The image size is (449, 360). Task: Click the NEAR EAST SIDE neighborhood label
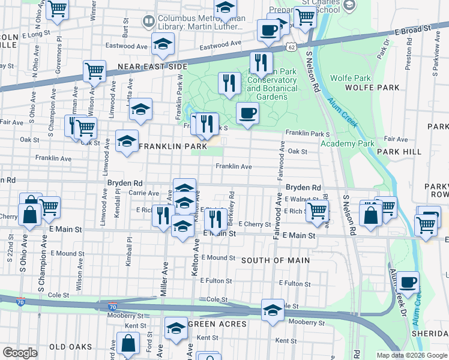pyautogui.click(x=147, y=67)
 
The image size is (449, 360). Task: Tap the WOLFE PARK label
pyautogui.click(x=372, y=88)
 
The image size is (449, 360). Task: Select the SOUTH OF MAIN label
pyautogui.click(x=276, y=260)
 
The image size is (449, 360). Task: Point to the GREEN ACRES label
pyautogui.click(x=217, y=324)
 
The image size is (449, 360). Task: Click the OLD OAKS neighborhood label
pyautogui.click(x=70, y=347)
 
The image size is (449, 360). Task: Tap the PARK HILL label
pyautogui.click(x=403, y=152)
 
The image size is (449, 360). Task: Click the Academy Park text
pyautogui.click(x=348, y=143)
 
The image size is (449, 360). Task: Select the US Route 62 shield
pyautogui.click(x=291, y=46)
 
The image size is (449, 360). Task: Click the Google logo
pyautogui.click(x=20, y=353)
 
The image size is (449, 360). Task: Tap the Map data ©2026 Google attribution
pyautogui.click(x=412, y=355)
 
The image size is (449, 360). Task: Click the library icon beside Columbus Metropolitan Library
pyautogui.click(x=148, y=22)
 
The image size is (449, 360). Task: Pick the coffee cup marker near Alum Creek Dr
pyautogui.click(x=408, y=282)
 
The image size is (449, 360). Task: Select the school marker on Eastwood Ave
pyautogui.click(x=162, y=44)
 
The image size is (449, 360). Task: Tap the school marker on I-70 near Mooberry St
pyautogui.click(x=273, y=311)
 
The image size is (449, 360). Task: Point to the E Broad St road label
pyautogui.click(x=414, y=28)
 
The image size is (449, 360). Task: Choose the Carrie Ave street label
pyautogui.click(x=143, y=193)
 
